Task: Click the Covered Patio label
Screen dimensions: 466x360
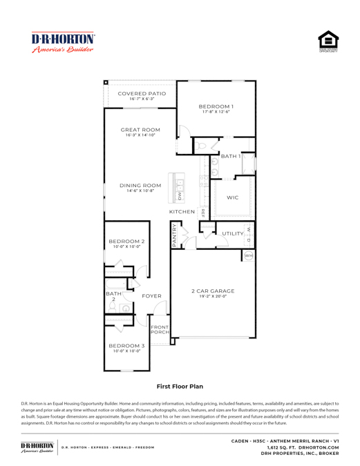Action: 141,93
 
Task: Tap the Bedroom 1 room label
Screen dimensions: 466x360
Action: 216,106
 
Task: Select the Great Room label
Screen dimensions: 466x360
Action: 140,130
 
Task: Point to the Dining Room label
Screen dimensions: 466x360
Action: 140,186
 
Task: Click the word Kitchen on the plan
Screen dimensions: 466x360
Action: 182,211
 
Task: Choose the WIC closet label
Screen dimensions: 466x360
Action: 232,197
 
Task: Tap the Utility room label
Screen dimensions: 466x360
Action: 233,234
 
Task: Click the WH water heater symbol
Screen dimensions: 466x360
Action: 249,255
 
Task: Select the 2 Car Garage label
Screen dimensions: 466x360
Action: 214,291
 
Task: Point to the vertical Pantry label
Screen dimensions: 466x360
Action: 174,234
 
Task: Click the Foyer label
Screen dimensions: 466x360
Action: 151,295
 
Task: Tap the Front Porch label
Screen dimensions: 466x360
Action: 160,329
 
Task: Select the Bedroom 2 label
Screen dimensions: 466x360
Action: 126,242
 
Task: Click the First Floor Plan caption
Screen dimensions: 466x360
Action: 180,387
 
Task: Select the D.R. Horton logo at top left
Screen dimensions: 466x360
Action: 63,42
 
